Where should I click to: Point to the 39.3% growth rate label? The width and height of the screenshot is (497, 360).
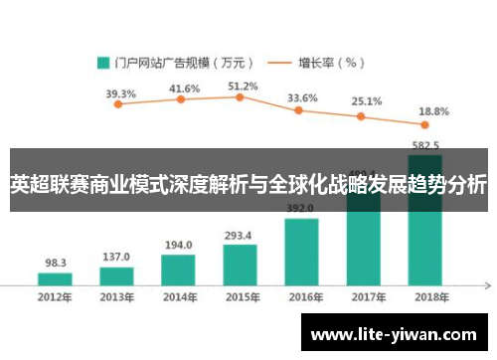(x=120, y=94)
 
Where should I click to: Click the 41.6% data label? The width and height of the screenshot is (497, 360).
(x=184, y=89)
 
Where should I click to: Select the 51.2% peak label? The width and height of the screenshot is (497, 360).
(x=243, y=87)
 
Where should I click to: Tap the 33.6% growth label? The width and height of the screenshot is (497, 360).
(x=302, y=98)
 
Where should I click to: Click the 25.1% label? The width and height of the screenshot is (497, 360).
(x=366, y=101)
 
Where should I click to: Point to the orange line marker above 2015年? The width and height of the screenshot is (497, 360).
(x=241, y=97)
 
